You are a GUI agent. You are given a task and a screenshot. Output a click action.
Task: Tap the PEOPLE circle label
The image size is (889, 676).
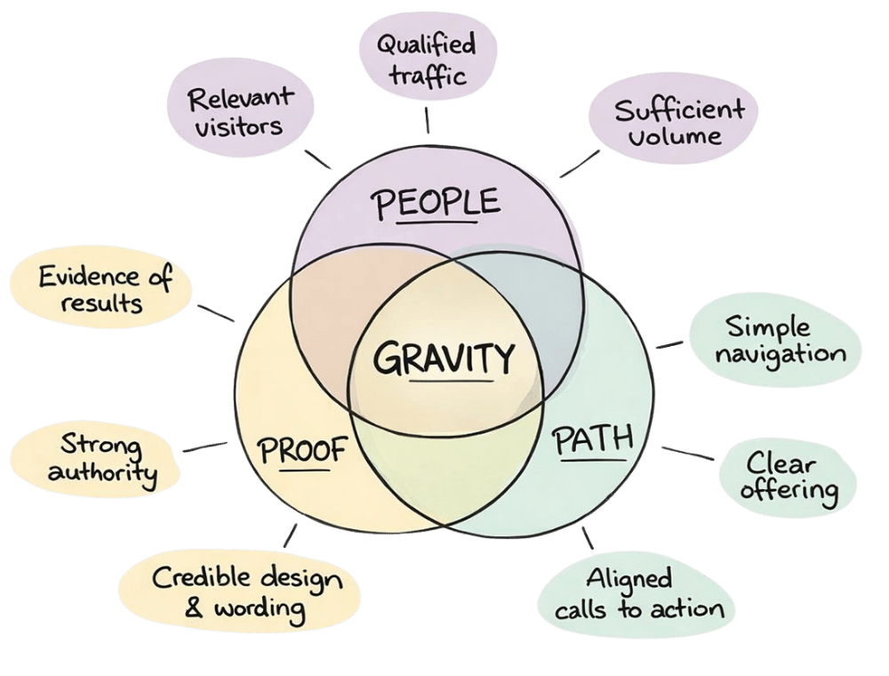435,204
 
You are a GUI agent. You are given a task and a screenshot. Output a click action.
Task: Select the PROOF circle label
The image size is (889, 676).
301,450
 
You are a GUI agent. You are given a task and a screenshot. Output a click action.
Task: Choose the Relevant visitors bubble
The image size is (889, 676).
239,113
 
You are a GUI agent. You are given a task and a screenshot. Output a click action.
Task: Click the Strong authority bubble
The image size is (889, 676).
102,457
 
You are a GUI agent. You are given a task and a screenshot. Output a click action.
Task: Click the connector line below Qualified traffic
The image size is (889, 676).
428,117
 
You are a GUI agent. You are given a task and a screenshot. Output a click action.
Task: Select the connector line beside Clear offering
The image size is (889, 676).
687,454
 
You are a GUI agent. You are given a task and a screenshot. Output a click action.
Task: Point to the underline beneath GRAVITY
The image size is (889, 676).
452,382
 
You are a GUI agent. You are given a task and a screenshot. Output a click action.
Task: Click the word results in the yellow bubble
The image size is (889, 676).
102,303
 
